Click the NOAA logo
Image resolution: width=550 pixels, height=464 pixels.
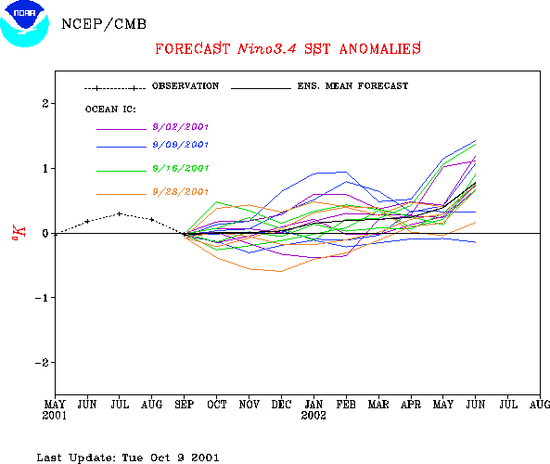point(24,23)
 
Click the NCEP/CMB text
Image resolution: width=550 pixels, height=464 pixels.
point(104,24)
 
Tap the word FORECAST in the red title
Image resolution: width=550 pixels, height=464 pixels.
point(192,49)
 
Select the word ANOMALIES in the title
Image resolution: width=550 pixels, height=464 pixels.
point(380,49)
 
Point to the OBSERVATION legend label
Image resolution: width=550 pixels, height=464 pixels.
point(185,86)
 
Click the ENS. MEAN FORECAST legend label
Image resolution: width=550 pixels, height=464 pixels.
point(352,86)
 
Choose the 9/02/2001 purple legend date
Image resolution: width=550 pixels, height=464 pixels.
point(180,127)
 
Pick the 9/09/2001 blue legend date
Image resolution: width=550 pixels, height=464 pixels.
point(180,145)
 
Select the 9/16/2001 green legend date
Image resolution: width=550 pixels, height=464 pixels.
point(180,169)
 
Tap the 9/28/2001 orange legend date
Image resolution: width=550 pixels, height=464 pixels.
point(180,192)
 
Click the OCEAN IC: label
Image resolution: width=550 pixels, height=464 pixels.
point(110,110)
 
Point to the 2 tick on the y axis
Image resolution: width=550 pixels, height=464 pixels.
point(45,104)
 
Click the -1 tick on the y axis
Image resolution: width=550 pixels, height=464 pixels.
point(42,298)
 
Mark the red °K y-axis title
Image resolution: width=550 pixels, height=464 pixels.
point(19,233)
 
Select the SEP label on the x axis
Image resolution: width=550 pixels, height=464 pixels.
point(185,405)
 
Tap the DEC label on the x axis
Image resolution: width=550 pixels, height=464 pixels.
point(281,405)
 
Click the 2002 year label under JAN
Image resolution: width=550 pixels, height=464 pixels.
point(313,416)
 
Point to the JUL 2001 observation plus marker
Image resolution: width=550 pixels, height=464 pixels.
point(120,213)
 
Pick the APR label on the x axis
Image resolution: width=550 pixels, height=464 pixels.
point(411,405)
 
